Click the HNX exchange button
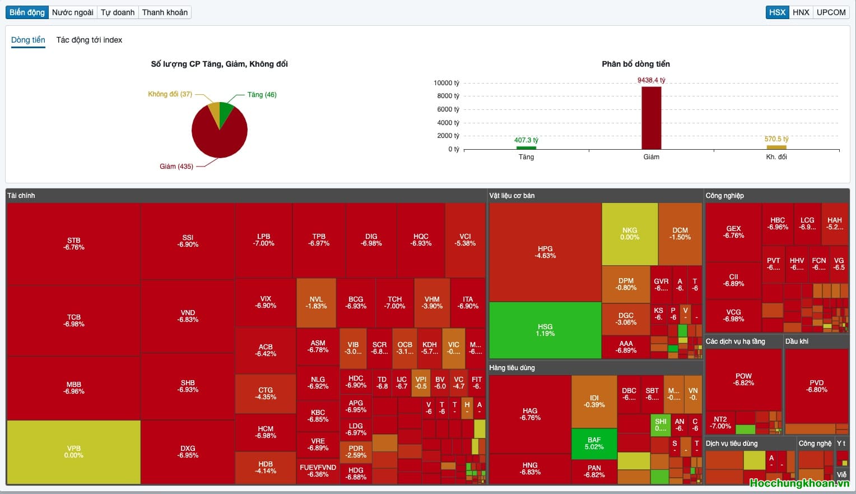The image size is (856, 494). click(801, 12)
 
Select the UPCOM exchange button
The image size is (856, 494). click(831, 12)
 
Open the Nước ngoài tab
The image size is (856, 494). click(73, 12)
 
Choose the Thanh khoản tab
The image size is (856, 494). click(165, 12)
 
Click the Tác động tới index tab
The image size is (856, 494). click(89, 40)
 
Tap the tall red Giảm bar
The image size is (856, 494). click(651, 118)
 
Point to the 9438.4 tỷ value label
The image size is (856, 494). click(651, 80)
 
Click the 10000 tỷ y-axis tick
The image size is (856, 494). click(446, 83)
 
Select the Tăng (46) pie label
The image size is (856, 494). click(262, 95)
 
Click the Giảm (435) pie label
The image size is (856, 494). click(176, 167)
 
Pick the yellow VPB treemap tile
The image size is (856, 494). click(73, 452)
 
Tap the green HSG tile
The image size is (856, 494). click(545, 330)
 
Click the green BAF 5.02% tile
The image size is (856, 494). click(594, 444)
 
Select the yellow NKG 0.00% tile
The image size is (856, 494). click(630, 234)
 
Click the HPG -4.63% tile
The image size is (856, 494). click(545, 252)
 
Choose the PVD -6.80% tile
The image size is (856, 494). click(816, 386)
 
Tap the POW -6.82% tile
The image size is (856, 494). click(743, 380)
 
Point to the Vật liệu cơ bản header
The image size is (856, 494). click(512, 196)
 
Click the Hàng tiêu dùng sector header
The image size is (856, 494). click(512, 368)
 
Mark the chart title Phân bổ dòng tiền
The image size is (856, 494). click(636, 64)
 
